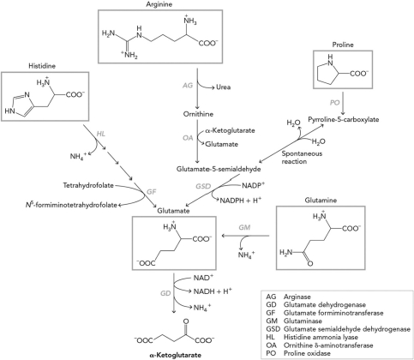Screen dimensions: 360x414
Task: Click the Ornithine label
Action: pos(195,111)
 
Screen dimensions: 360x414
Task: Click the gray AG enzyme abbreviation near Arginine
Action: pos(187,87)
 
